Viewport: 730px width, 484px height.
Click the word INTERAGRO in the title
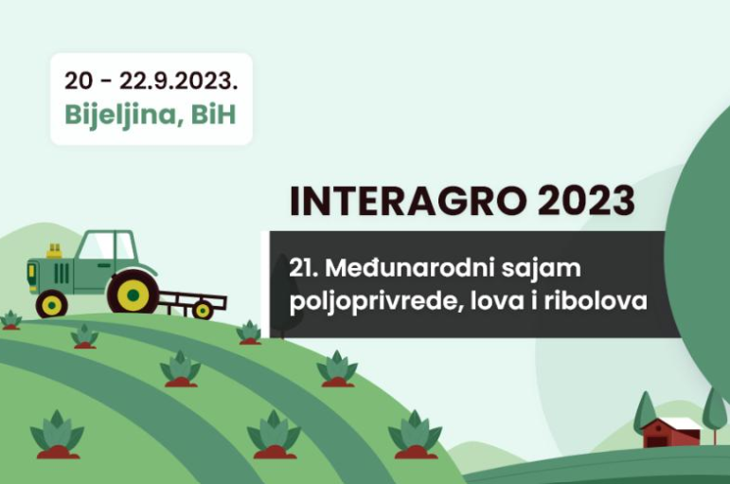(x=408, y=201)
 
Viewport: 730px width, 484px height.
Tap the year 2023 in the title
(x=586, y=201)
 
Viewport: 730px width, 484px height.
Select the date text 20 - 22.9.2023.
(x=151, y=81)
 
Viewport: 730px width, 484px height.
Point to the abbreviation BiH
(x=214, y=114)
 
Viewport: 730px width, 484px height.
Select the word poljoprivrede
(x=376, y=301)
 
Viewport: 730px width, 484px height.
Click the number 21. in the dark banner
(x=304, y=268)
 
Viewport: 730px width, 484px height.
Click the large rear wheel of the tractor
(x=134, y=294)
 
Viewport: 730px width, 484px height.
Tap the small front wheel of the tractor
(x=52, y=305)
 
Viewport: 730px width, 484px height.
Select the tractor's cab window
(x=106, y=245)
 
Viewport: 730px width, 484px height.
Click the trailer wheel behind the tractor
(x=203, y=311)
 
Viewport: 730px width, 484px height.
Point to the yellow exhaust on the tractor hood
(x=55, y=251)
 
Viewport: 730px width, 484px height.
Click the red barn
(x=671, y=433)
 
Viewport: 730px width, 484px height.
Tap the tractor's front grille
(x=62, y=273)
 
